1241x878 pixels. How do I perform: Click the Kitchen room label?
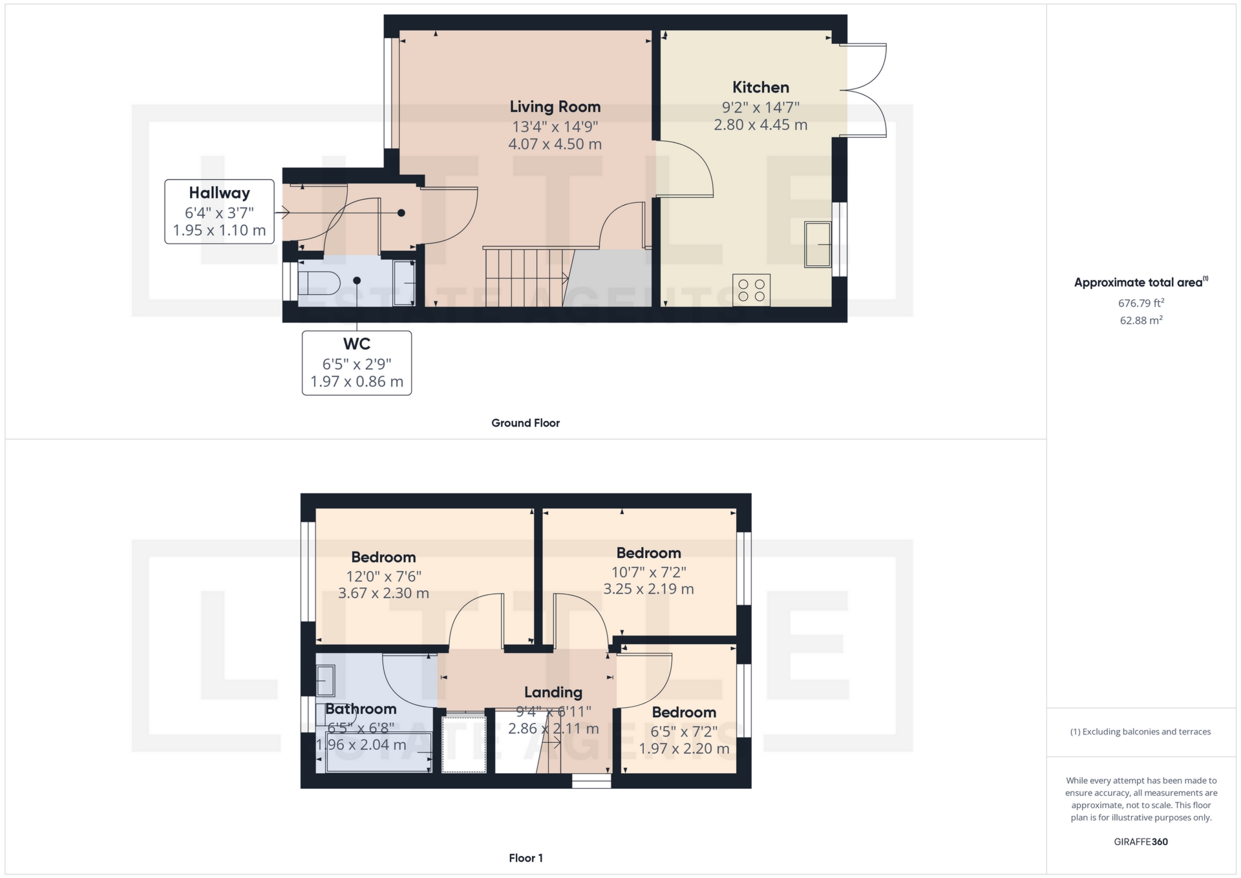(760, 87)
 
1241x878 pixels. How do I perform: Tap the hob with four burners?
(751, 290)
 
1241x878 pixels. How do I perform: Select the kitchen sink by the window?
(818, 244)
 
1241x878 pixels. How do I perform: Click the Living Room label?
(555, 107)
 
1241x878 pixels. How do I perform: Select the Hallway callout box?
(219, 211)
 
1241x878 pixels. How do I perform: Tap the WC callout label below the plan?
(356, 363)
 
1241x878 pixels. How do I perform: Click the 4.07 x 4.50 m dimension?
(555, 144)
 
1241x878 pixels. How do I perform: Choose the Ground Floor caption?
(525, 423)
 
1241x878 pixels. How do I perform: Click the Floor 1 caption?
(525, 858)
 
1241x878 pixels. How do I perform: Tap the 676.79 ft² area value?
(1141, 303)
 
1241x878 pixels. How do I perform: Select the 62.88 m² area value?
(1141, 320)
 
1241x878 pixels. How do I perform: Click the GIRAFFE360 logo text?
(1141, 842)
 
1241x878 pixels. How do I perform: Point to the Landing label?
(553, 692)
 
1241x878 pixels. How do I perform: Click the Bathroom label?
(361, 709)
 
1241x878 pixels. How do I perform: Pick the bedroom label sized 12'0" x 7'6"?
(383, 557)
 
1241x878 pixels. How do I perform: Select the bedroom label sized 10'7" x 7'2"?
(648, 553)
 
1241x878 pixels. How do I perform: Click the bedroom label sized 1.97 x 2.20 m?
(684, 712)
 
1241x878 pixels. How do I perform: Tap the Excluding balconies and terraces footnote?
(1141, 732)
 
